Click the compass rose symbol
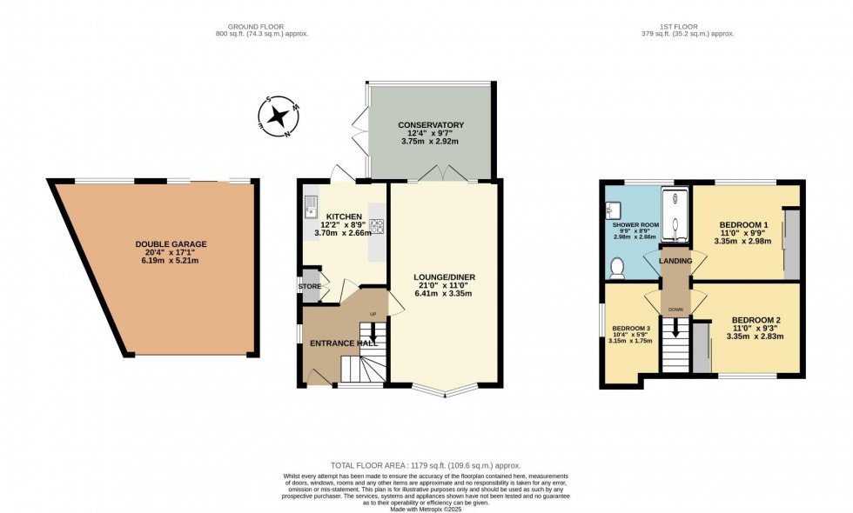(280, 117)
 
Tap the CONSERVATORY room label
(431, 125)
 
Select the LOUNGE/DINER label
(444, 277)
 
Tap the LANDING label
(675, 261)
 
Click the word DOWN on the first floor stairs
(675, 309)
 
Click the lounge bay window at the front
(445, 389)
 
